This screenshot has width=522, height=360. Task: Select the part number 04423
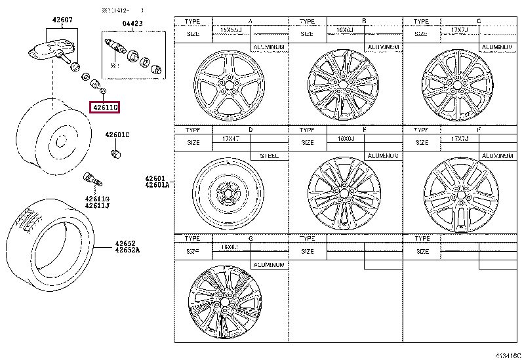pyautogui.click(x=132, y=24)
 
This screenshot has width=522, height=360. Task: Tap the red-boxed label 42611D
pyautogui.click(x=105, y=107)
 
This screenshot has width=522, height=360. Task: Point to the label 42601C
pyautogui.click(x=117, y=134)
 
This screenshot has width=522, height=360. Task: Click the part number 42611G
pyautogui.click(x=96, y=199)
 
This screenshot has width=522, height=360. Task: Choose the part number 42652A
pyautogui.click(x=128, y=250)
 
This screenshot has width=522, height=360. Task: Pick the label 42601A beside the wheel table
pyautogui.click(x=158, y=186)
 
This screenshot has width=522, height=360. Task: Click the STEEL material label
pyautogui.click(x=269, y=156)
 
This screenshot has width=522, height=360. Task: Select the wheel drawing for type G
pyautogui.click(x=225, y=302)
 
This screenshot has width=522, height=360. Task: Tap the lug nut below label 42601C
pyautogui.click(x=116, y=154)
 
